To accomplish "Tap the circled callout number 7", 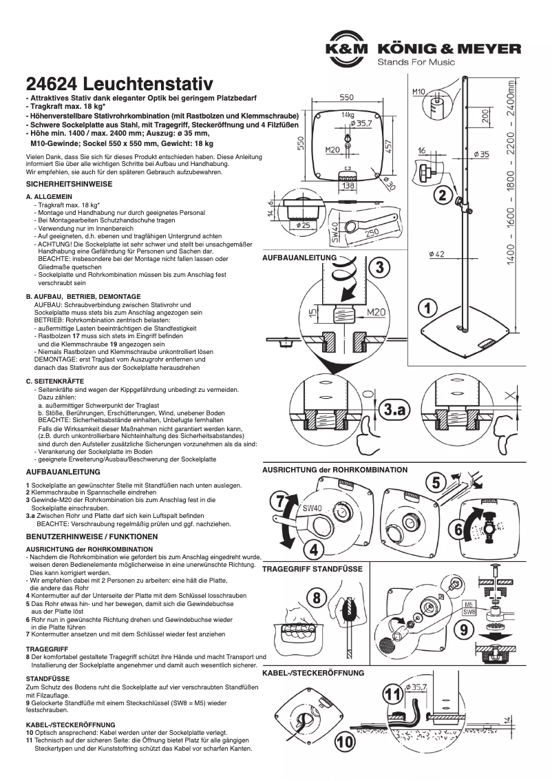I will click(282, 503).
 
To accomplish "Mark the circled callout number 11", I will click(393, 695).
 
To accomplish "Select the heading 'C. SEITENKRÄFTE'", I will click(55, 381).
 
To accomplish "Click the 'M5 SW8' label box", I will click(468, 607).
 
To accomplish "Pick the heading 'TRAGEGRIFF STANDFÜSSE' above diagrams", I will click(312, 570).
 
